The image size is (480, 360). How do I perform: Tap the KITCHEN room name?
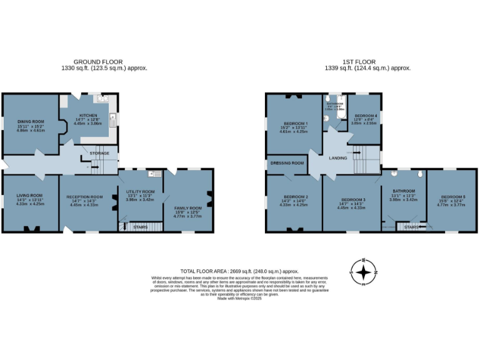coord(87,116)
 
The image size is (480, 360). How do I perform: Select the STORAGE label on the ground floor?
coord(99,153)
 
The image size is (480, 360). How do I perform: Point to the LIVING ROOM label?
coord(29,196)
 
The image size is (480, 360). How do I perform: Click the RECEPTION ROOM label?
coord(84,197)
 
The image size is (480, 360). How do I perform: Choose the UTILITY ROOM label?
coord(140,192)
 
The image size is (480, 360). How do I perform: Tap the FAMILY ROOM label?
coord(187,208)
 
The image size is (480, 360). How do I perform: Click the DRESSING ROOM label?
coord(287,163)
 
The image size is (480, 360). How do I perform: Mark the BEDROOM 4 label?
coord(366,116)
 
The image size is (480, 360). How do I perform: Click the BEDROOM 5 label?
coord(451,196)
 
